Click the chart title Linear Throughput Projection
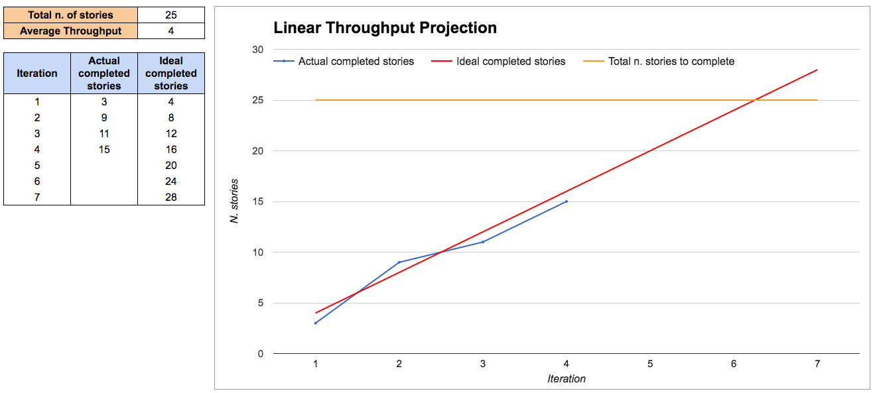click(x=385, y=28)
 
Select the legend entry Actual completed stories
click(x=356, y=61)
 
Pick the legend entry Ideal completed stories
click(x=511, y=61)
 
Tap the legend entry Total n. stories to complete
click(x=671, y=61)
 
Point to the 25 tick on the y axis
click(x=257, y=100)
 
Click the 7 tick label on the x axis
click(x=817, y=363)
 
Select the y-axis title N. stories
click(x=234, y=201)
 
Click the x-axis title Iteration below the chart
click(x=566, y=378)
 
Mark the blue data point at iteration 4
click(x=567, y=201)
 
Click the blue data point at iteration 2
click(x=399, y=262)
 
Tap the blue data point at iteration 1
click(x=315, y=323)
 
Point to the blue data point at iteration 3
click(x=482, y=242)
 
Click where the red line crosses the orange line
click(x=755, y=100)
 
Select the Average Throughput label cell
click(x=70, y=30)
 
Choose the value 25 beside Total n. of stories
click(x=171, y=15)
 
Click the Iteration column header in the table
click(x=37, y=73)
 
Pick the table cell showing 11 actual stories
click(x=104, y=133)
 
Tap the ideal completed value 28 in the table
click(x=171, y=197)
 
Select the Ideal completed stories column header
click(x=171, y=73)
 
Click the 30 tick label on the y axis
click(x=257, y=50)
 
